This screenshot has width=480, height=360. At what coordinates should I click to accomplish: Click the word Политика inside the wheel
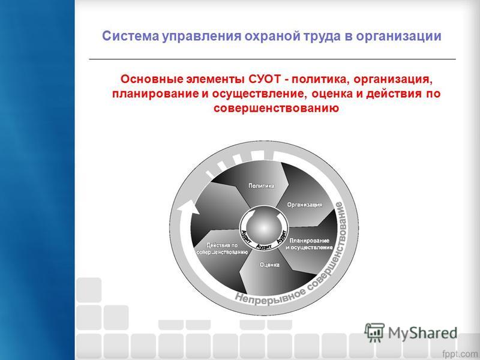(x=261, y=185)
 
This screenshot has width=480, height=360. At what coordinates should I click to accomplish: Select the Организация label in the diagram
(x=305, y=205)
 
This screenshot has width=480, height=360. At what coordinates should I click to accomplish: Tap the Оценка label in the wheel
(x=269, y=265)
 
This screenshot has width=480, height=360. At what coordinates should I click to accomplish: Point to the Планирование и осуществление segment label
(x=309, y=244)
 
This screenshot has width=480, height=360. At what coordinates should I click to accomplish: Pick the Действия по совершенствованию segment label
(x=222, y=248)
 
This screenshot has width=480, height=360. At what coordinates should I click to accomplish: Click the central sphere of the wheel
(x=263, y=228)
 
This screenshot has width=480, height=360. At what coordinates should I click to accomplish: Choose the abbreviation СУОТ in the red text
(x=265, y=79)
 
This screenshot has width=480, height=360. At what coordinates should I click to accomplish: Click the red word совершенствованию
(x=276, y=108)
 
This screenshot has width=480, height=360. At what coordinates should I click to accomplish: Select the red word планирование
(x=155, y=94)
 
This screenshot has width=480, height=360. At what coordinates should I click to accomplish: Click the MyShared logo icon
(x=374, y=332)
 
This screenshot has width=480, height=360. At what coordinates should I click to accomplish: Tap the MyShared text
(x=422, y=333)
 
